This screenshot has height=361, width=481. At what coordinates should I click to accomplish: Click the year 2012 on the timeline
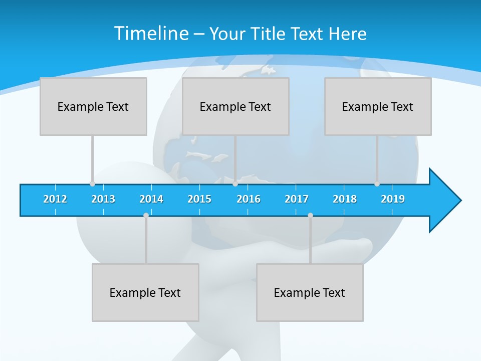point(55,199)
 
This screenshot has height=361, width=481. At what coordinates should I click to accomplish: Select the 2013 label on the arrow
point(103,199)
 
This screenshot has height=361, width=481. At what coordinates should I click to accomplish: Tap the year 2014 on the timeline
point(151,199)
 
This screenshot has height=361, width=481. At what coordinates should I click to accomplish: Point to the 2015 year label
point(199,199)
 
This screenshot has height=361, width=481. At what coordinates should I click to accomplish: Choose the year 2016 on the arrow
point(249,199)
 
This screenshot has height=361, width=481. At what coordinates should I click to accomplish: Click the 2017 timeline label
point(297,199)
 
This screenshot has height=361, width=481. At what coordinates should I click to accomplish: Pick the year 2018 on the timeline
point(345,199)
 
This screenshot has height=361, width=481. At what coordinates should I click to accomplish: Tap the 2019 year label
point(393,199)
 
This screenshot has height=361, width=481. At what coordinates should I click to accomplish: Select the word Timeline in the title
point(151,34)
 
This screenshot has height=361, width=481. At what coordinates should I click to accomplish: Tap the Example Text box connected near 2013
point(93,106)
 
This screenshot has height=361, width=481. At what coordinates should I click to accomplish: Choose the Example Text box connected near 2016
point(235,106)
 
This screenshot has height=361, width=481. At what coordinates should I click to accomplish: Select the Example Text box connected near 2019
point(378,106)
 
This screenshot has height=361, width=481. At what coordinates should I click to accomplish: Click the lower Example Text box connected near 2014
point(145,292)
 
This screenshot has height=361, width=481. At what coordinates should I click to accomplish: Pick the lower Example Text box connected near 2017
point(310,292)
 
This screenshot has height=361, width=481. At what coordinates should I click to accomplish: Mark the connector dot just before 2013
point(92,184)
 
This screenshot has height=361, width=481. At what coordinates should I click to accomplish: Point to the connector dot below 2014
point(146,215)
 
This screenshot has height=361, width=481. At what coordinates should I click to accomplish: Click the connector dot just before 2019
point(377,184)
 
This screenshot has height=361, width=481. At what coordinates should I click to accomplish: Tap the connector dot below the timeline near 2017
point(310,215)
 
